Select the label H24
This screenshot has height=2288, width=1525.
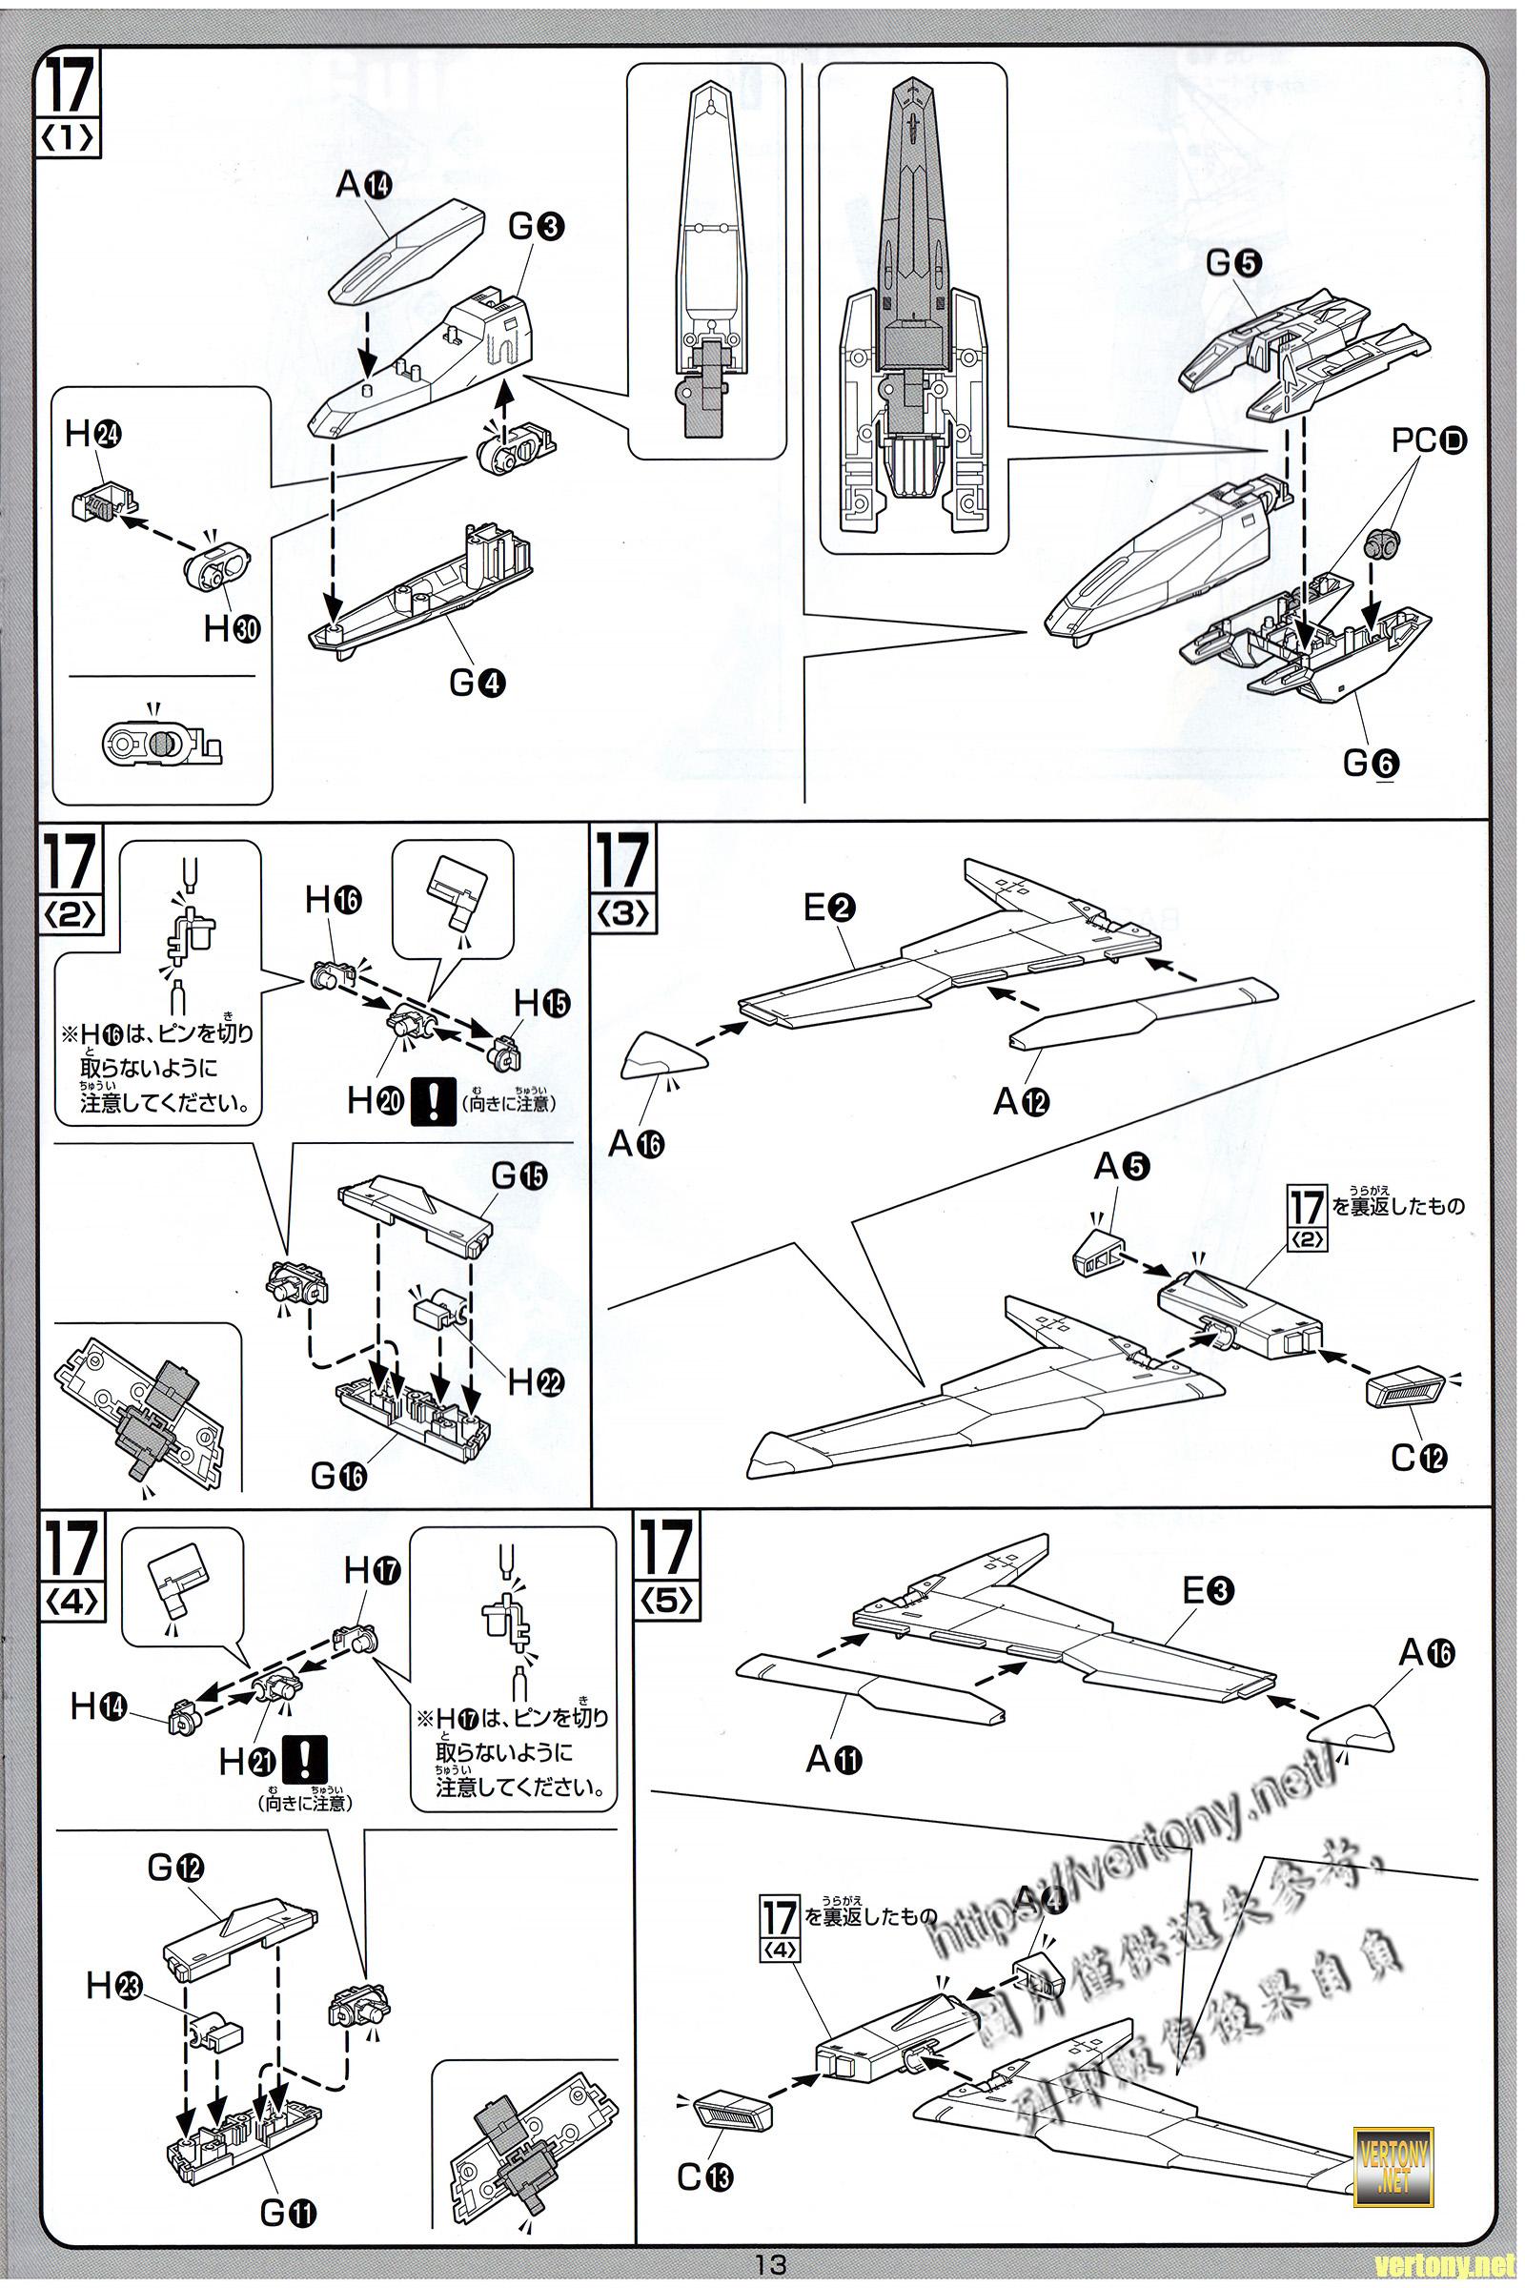click(92, 435)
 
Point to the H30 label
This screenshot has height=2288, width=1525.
click(232, 629)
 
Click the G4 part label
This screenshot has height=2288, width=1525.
click(478, 683)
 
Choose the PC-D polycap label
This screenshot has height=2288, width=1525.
click(1428, 440)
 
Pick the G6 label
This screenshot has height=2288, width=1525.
click(1372, 764)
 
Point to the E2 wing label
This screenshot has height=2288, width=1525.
click(828, 908)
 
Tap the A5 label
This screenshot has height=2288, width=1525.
click(1123, 1166)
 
